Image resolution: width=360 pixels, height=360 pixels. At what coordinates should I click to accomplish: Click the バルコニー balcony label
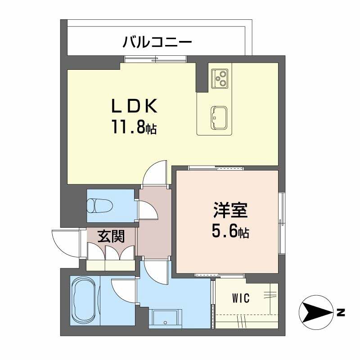click(x=157, y=43)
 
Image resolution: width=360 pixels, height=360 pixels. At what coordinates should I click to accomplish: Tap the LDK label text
click(x=134, y=107)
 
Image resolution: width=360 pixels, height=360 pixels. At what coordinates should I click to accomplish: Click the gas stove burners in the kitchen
click(x=220, y=78)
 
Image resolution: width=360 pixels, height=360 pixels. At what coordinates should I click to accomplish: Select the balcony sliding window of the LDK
click(x=155, y=58)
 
